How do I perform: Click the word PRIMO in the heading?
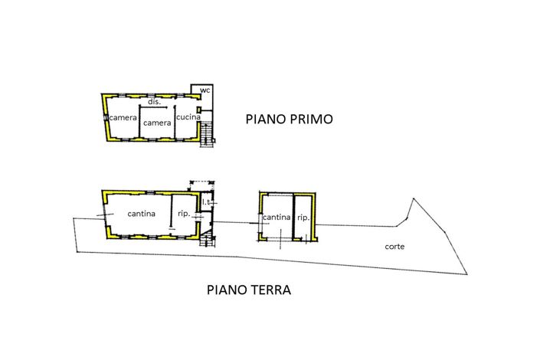point(311,119)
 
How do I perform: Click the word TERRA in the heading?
point(270,290)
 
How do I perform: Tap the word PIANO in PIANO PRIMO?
point(266,119)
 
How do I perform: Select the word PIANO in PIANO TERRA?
point(226,290)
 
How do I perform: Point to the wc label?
point(205,90)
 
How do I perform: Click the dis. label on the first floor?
point(154,102)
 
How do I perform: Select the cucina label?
point(188,117)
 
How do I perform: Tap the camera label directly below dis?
point(157,123)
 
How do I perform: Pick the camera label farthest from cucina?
point(123,118)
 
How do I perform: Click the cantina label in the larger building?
point(141,214)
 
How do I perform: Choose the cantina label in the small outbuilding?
point(277,218)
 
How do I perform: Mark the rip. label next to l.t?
point(184,214)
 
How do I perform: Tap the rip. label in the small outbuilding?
point(303,218)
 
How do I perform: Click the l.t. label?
point(206,202)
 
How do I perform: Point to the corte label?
point(394,247)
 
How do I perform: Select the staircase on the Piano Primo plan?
point(207,135)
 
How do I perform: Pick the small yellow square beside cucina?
point(198,110)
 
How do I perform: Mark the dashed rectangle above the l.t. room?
point(201,185)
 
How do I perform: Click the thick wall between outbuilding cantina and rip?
point(293,217)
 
